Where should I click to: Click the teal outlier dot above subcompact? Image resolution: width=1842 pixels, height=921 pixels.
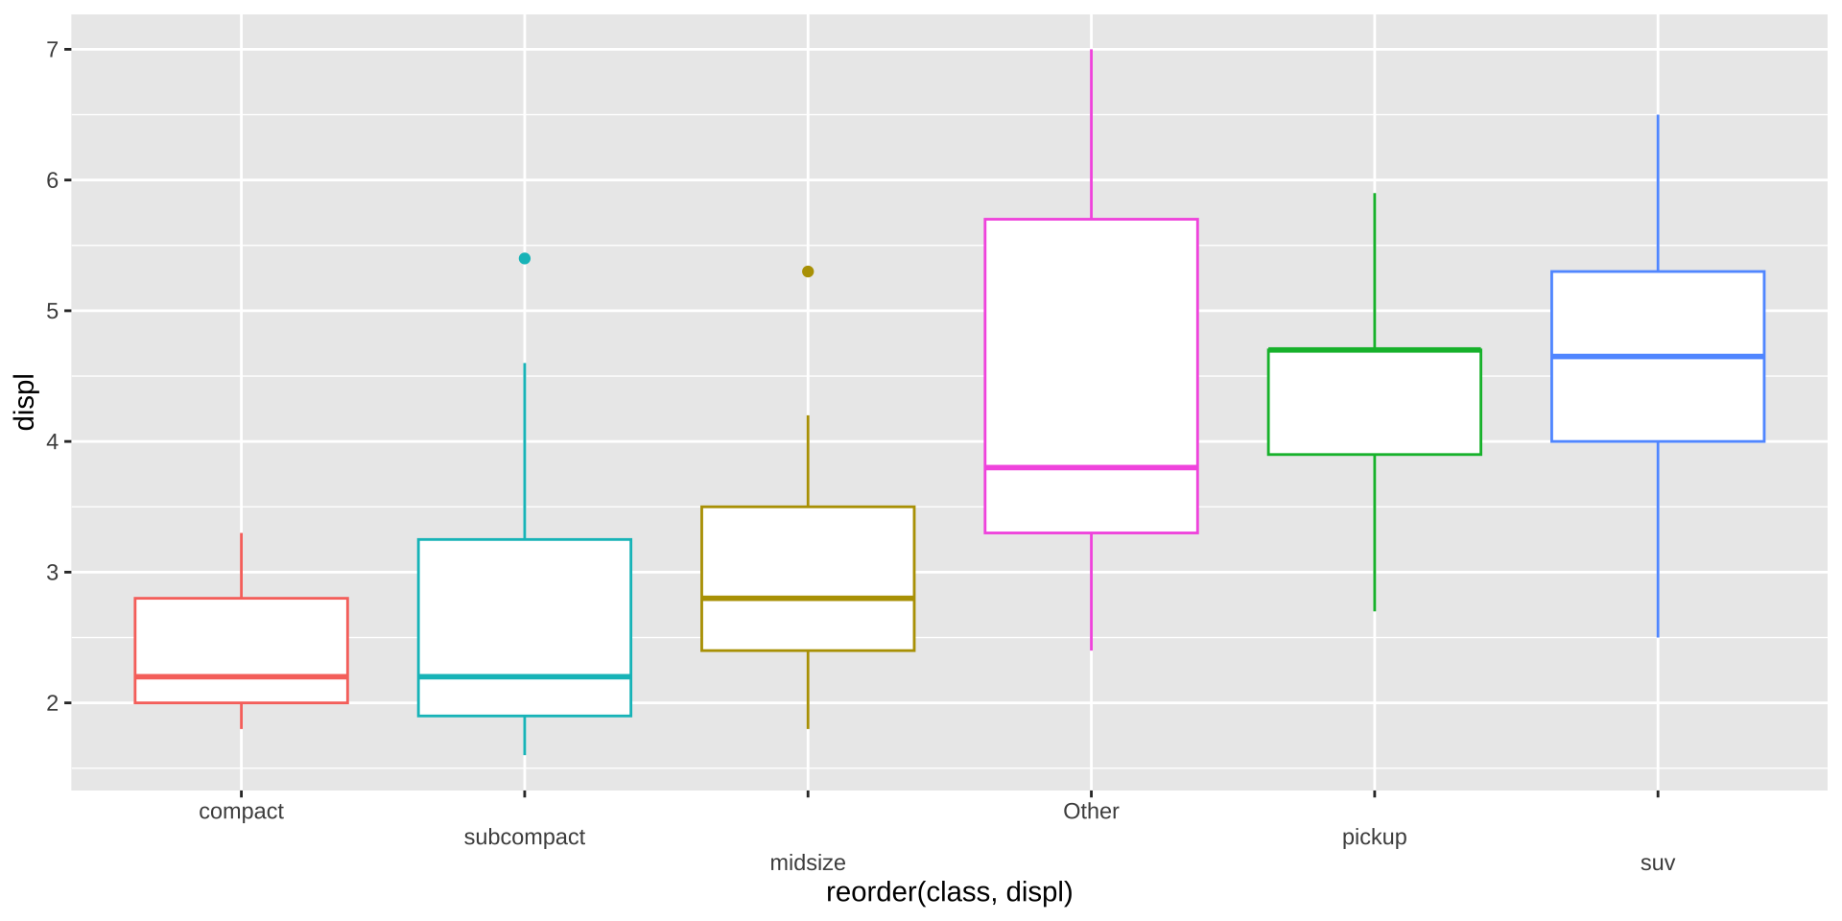click(x=525, y=258)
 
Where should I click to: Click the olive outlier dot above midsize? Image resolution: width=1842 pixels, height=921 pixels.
click(x=808, y=272)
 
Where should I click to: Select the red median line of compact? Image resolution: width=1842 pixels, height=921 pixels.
click(x=241, y=676)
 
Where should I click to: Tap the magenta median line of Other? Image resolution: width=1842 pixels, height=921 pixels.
click(x=1091, y=467)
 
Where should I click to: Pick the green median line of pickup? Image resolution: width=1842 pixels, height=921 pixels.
click(x=1374, y=350)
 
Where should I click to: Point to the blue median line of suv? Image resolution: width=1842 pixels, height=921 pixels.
click(x=1657, y=356)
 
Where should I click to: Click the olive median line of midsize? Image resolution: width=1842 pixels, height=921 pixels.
click(x=808, y=598)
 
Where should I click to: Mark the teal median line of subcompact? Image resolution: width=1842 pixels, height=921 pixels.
click(x=525, y=676)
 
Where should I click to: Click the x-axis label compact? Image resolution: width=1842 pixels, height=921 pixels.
click(x=241, y=812)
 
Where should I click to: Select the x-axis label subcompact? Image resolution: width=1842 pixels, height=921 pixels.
click(x=524, y=838)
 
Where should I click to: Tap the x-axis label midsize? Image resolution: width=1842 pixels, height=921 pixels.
click(x=808, y=863)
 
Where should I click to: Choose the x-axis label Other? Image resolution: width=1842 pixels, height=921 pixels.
click(x=1091, y=812)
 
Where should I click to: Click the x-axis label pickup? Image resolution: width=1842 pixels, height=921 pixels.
click(x=1374, y=838)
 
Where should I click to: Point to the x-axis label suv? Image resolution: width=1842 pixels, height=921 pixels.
click(x=1657, y=863)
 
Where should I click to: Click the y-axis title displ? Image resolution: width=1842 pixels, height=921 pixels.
click(x=24, y=402)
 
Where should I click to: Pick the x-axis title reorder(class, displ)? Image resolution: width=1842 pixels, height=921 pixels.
click(x=949, y=893)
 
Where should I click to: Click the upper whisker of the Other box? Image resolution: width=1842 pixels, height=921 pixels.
click(x=1091, y=134)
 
